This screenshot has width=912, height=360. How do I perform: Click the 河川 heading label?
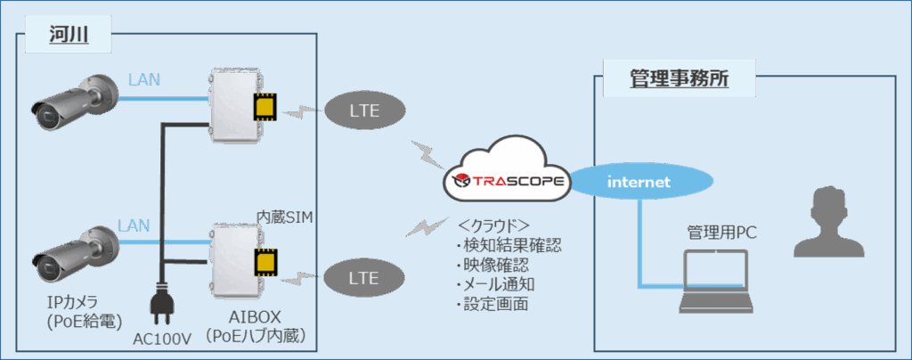pos(67,35)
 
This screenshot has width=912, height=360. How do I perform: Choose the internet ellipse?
pos(636,181)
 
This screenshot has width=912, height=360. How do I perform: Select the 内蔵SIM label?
pos(284,217)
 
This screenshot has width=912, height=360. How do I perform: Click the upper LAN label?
pos(143,79)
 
